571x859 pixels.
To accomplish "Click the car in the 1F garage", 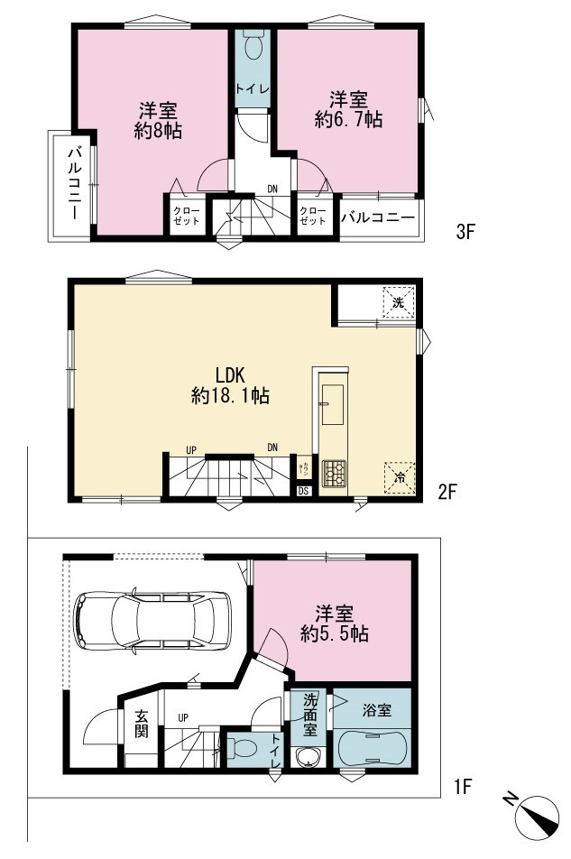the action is coord(152,621).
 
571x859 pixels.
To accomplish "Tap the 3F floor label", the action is coord(465,232).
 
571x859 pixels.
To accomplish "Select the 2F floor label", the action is coord(447,492).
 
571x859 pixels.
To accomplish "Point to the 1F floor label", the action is coord(463,787).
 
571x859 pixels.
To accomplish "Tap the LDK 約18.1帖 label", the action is coord(230,385).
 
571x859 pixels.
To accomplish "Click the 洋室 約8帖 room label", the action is coord(158,121).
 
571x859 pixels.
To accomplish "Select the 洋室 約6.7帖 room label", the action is coord(348,110).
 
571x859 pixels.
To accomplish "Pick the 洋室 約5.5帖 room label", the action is coord(334,623).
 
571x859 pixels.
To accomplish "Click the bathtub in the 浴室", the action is coord(372,748).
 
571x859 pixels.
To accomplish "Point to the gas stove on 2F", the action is coord(334,474).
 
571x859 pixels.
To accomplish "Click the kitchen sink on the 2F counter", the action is coord(332,404).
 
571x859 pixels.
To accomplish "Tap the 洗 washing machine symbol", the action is coord(399,302).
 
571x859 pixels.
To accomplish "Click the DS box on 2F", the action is coord(303,491).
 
